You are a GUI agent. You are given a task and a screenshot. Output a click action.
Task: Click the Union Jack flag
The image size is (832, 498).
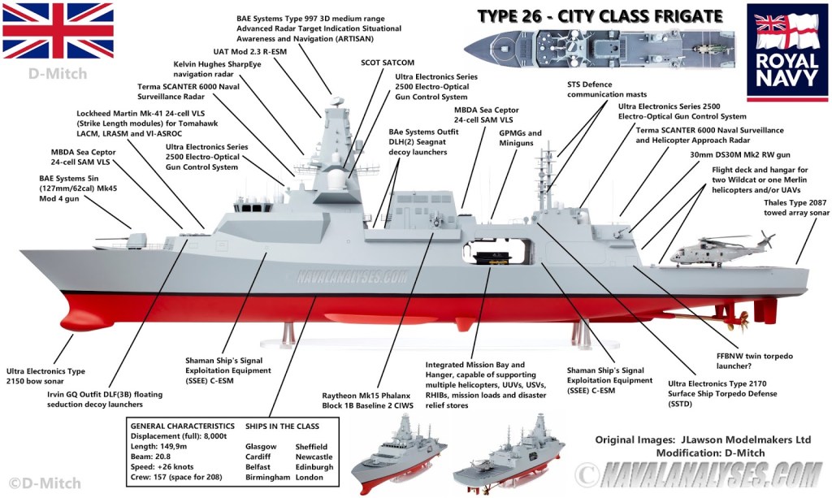tap(57, 30)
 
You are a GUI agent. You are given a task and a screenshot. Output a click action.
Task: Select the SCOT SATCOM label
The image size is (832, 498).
tap(387, 62)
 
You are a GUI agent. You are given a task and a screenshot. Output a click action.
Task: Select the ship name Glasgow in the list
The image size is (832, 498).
tap(261, 446)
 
